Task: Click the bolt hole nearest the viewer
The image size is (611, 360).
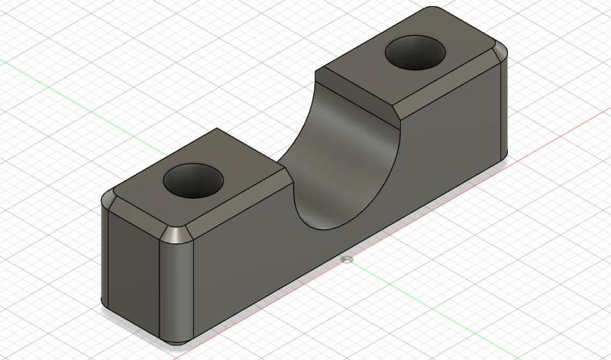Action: [x=193, y=180]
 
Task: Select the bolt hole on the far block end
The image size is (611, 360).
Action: [x=415, y=54]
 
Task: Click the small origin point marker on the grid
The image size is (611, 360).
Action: [x=348, y=260]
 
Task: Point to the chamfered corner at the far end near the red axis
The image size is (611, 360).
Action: [x=500, y=55]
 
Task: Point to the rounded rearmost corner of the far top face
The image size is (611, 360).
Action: [x=432, y=11]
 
